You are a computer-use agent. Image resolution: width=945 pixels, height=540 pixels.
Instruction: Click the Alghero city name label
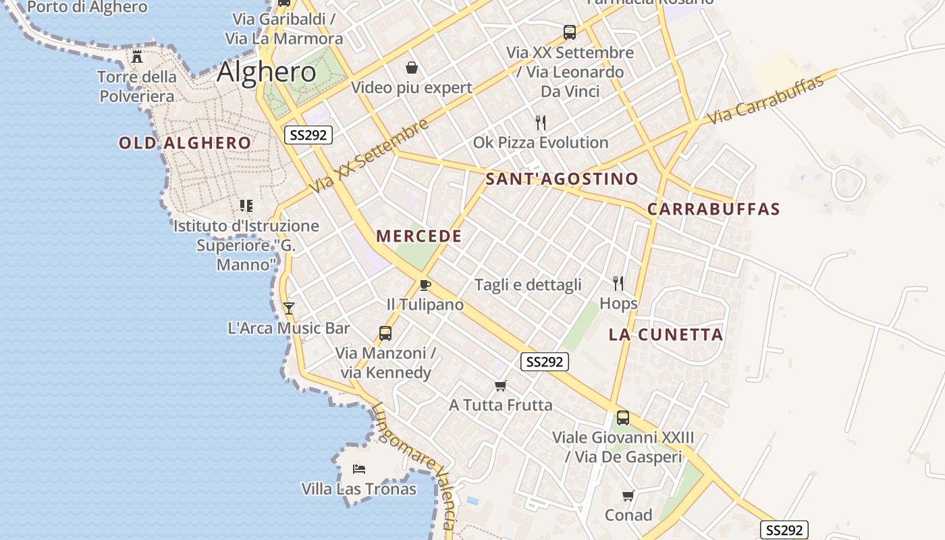pyautogui.click(x=267, y=72)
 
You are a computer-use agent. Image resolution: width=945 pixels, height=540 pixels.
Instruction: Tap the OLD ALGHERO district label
pyautogui.click(x=185, y=143)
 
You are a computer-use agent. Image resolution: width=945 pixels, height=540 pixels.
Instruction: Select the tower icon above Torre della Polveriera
pyautogui.click(x=138, y=56)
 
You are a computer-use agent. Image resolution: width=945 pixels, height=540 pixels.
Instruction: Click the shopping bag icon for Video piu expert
pyautogui.click(x=411, y=67)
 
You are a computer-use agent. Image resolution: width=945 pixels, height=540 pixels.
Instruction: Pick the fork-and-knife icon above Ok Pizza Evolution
pyautogui.click(x=540, y=122)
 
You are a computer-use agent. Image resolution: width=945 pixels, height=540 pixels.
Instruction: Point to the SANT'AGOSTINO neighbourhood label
pyautogui.click(x=562, y=179)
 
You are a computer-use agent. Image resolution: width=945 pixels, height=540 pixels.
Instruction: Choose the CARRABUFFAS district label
pyautogui.click(x=713, y=209)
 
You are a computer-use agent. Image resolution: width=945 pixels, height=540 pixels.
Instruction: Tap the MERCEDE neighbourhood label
pyautogui.click(x=419, y=236)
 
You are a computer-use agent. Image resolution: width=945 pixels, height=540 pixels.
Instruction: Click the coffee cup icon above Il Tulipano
pyautogui.click(x=425, y=285)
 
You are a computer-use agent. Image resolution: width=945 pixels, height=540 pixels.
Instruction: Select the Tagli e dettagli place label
pyautogui.click(x=528, y=285)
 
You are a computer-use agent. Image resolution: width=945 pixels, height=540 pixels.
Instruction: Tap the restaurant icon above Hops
pyautogui.click(x=618, y=283)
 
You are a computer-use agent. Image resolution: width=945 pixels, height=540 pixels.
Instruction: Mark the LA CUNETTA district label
pyautogui.click(x=666, y=335)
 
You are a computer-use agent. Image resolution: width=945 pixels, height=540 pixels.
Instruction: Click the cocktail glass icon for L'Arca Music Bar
pyautogui.click(x=289, y=308)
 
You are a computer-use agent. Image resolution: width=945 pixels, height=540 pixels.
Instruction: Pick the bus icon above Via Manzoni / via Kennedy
pyautogui.click(x=385, y=333)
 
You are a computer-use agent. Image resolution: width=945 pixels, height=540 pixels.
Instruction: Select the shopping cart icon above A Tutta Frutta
pyautogui.click(x=500, y=385)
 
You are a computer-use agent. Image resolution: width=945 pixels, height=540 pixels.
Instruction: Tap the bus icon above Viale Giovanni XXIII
pyautogui.click(x=622, y=417)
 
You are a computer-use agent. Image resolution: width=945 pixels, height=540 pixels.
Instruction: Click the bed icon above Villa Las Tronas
pyautogui.click(x=359, y=468)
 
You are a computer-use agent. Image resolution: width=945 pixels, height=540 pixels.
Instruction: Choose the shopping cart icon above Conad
pyautogui.click(x=628, y=495)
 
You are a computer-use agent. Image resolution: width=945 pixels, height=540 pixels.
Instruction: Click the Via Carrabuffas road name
pyautogui.click(x=765, y=101)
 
